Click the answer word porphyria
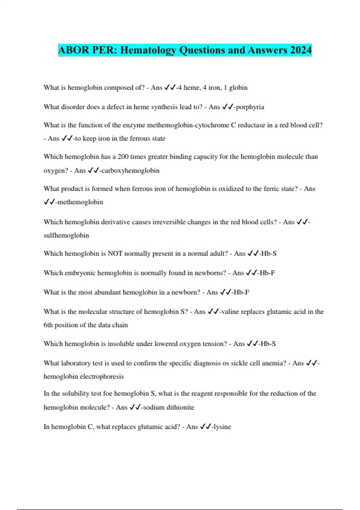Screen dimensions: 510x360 pos(250,107)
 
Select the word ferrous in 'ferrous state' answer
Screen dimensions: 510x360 pos(140,139)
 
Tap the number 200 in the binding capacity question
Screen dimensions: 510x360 pos(123,157)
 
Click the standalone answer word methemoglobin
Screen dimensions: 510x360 pos(80,202)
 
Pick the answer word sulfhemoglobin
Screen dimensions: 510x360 pos(66,235)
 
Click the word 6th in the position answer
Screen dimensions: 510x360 pos(48,325)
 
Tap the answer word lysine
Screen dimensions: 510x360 pos(222,427)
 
